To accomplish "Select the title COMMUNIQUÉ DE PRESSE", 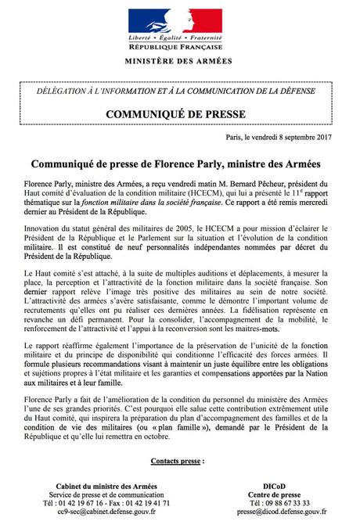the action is [179, 115].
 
